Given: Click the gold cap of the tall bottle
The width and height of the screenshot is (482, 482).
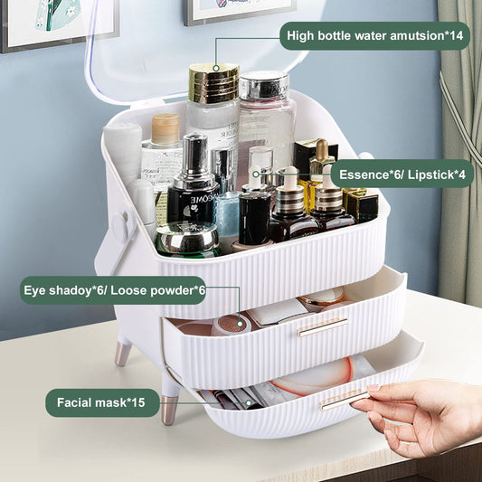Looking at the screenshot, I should (x=213, y=83).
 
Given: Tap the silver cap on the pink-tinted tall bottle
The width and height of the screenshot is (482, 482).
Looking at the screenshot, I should (x=263, y=86).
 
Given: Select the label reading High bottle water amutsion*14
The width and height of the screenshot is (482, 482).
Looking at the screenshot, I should (x=374, y=36).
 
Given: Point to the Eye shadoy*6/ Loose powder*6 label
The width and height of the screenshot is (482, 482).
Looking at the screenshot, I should (x=113, y=290).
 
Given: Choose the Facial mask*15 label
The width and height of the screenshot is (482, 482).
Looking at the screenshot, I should (x=102, y=402).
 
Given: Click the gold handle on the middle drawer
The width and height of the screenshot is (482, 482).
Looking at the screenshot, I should (x=322, y=326).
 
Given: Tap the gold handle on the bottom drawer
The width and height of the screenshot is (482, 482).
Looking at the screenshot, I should (x=344, y=399).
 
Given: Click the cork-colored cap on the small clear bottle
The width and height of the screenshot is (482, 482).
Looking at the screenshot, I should (x=165, y=128).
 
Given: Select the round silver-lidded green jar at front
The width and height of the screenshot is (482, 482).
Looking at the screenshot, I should (x=187, y=239).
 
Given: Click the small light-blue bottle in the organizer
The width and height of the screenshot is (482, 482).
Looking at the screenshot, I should (x=227, y=221).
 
